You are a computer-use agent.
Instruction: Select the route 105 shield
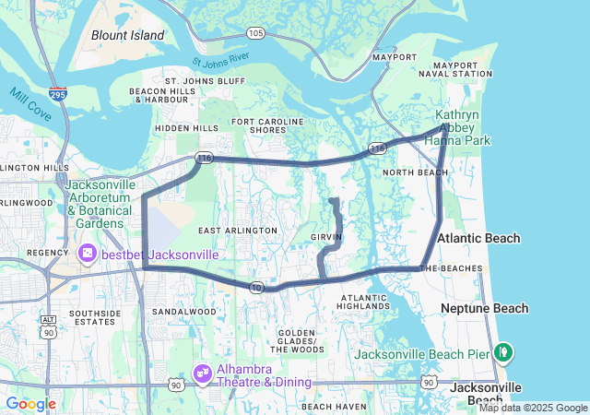pos(255,33)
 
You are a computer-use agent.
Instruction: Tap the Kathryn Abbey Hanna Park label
pos(463,128)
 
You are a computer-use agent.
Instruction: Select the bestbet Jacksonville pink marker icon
pos(88,252)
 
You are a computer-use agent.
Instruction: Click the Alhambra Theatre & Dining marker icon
pos(202,373)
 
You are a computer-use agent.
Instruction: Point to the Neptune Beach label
pos(485,308)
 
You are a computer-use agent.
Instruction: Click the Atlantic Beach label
pos(478,238)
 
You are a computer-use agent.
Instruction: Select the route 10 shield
pos(256,288)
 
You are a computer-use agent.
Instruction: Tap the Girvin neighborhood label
pos(326,237)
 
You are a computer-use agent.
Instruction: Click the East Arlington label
pos(238,230)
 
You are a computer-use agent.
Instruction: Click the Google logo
pos(30,404)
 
